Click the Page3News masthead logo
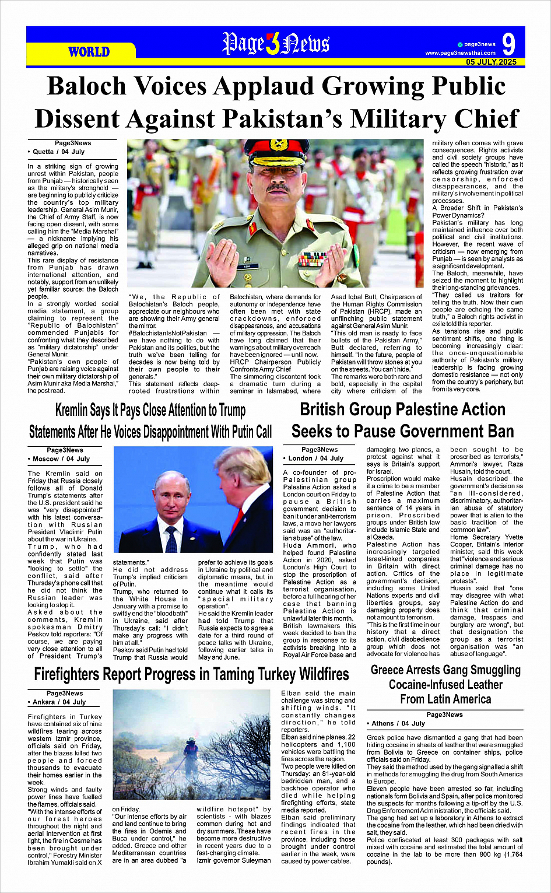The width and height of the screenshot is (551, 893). click(x=276, y=44)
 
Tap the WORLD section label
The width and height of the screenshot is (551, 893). click(x=89, y=52)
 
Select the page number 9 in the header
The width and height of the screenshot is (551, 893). click(x=508, y=44)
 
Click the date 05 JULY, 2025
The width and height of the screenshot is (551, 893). click(x=491, y=62)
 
